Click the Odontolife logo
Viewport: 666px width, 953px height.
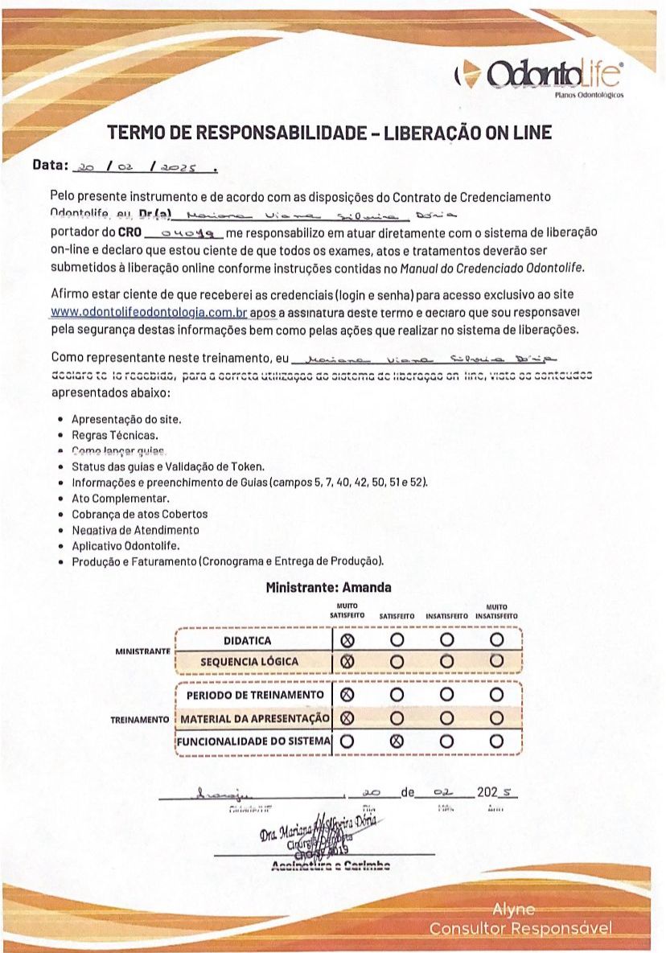tap(538, 76)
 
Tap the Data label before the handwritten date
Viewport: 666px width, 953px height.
tap(50, 165)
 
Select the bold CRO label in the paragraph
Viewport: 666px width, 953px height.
tap(129, 232)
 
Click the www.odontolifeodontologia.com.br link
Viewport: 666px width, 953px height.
tap(149, 312)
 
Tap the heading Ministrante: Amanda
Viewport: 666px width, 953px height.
tap(328, 588)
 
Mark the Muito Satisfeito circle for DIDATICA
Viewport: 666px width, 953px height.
tap(347, 640)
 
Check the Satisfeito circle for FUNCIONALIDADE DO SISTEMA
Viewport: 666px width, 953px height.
tap(396, 741)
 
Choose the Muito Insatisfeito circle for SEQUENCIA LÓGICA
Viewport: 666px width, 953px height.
tap(496, 661)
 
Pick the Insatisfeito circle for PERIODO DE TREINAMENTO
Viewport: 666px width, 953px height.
tap(447, 694)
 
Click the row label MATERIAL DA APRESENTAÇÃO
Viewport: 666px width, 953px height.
tap(255, 718)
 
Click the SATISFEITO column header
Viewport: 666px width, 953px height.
tap(397, 616)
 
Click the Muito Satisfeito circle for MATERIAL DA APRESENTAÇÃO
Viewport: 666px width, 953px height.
tap(347, 717)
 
